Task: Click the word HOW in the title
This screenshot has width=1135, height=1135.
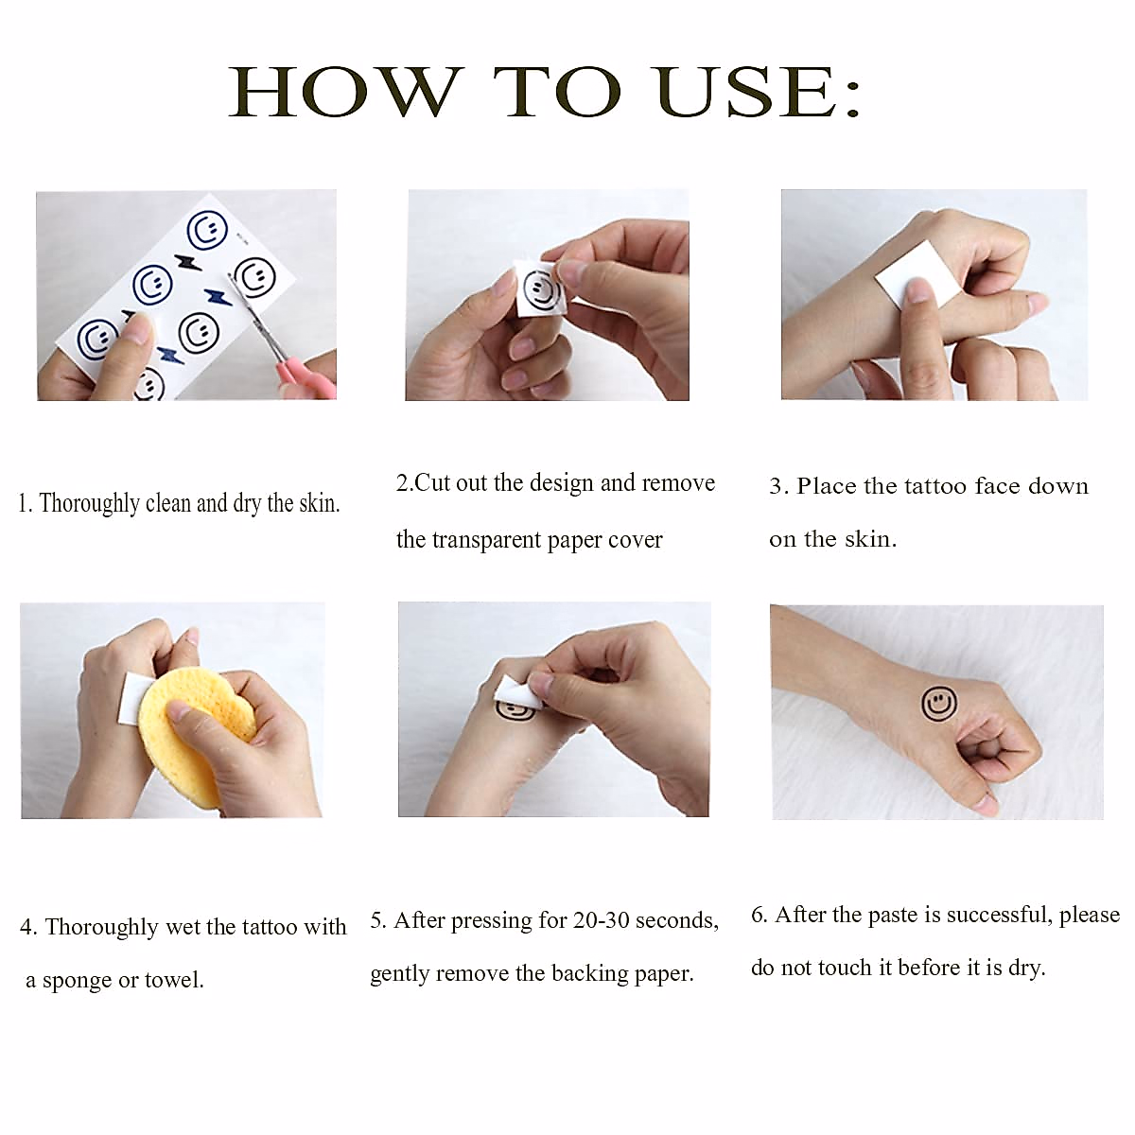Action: tap(345, 92)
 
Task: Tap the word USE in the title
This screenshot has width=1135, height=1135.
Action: tap(747, 92)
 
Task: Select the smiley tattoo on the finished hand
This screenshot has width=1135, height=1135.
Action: tap(939, 703)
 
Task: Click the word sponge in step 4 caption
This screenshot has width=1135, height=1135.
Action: tap(78, 981)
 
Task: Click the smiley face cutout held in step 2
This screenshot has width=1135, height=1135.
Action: tap(540, 289)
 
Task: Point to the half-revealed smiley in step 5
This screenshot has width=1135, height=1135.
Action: tap(515, 709)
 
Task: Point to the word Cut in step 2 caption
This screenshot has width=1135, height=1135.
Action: tap(433, 483)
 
